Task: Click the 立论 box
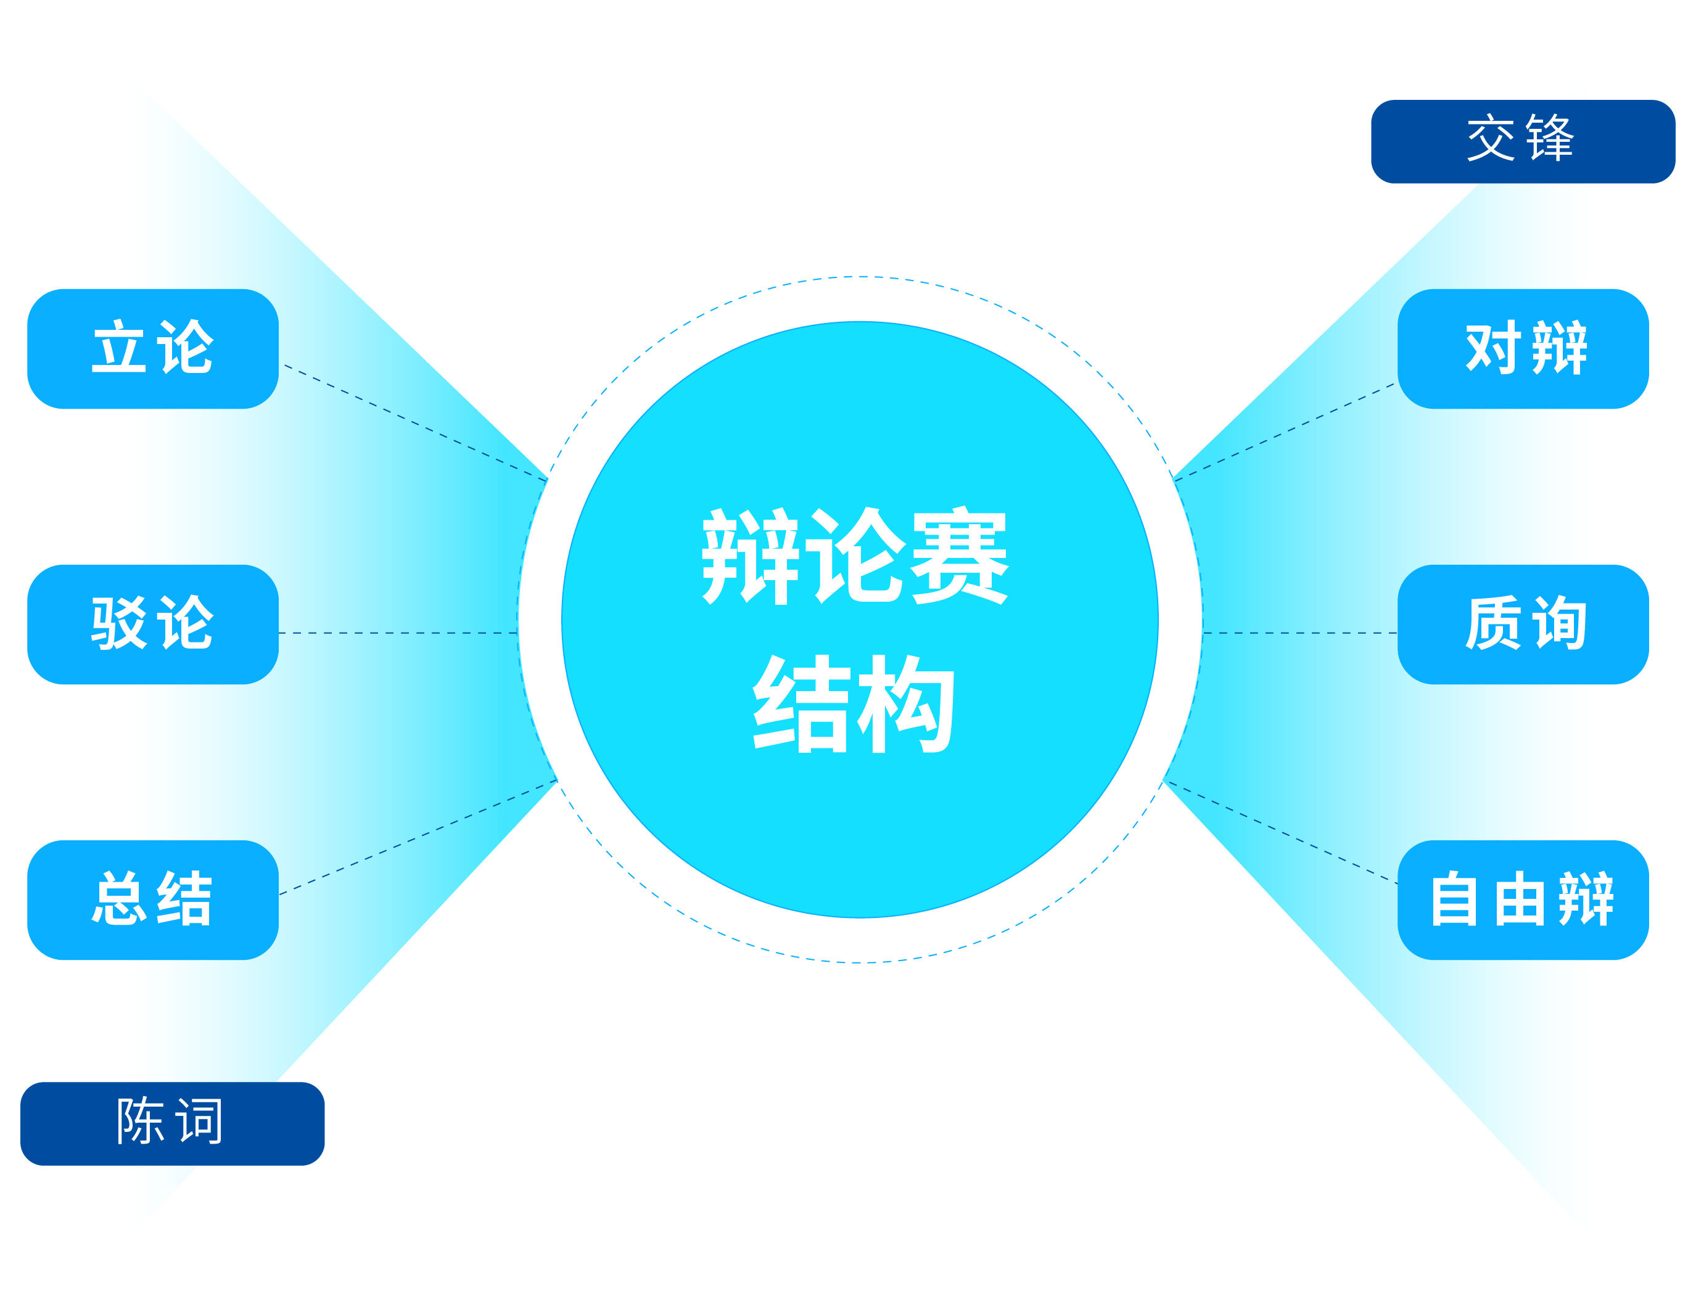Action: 153,348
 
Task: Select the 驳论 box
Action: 153,624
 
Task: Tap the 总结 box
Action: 153,899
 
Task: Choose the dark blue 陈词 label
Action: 173,1123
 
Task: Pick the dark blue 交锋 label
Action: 1523,141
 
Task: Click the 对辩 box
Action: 1523,348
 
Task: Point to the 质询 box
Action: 1523,624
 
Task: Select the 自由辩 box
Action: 1523,899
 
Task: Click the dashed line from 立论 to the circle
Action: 416,422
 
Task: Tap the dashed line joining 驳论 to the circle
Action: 398,633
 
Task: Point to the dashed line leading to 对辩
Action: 1285,432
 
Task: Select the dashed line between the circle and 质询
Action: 1300,633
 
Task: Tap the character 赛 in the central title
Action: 960,556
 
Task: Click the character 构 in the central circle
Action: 905,703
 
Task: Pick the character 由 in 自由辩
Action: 1520,899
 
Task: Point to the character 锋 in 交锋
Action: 1550,137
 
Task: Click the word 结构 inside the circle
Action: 854,703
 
